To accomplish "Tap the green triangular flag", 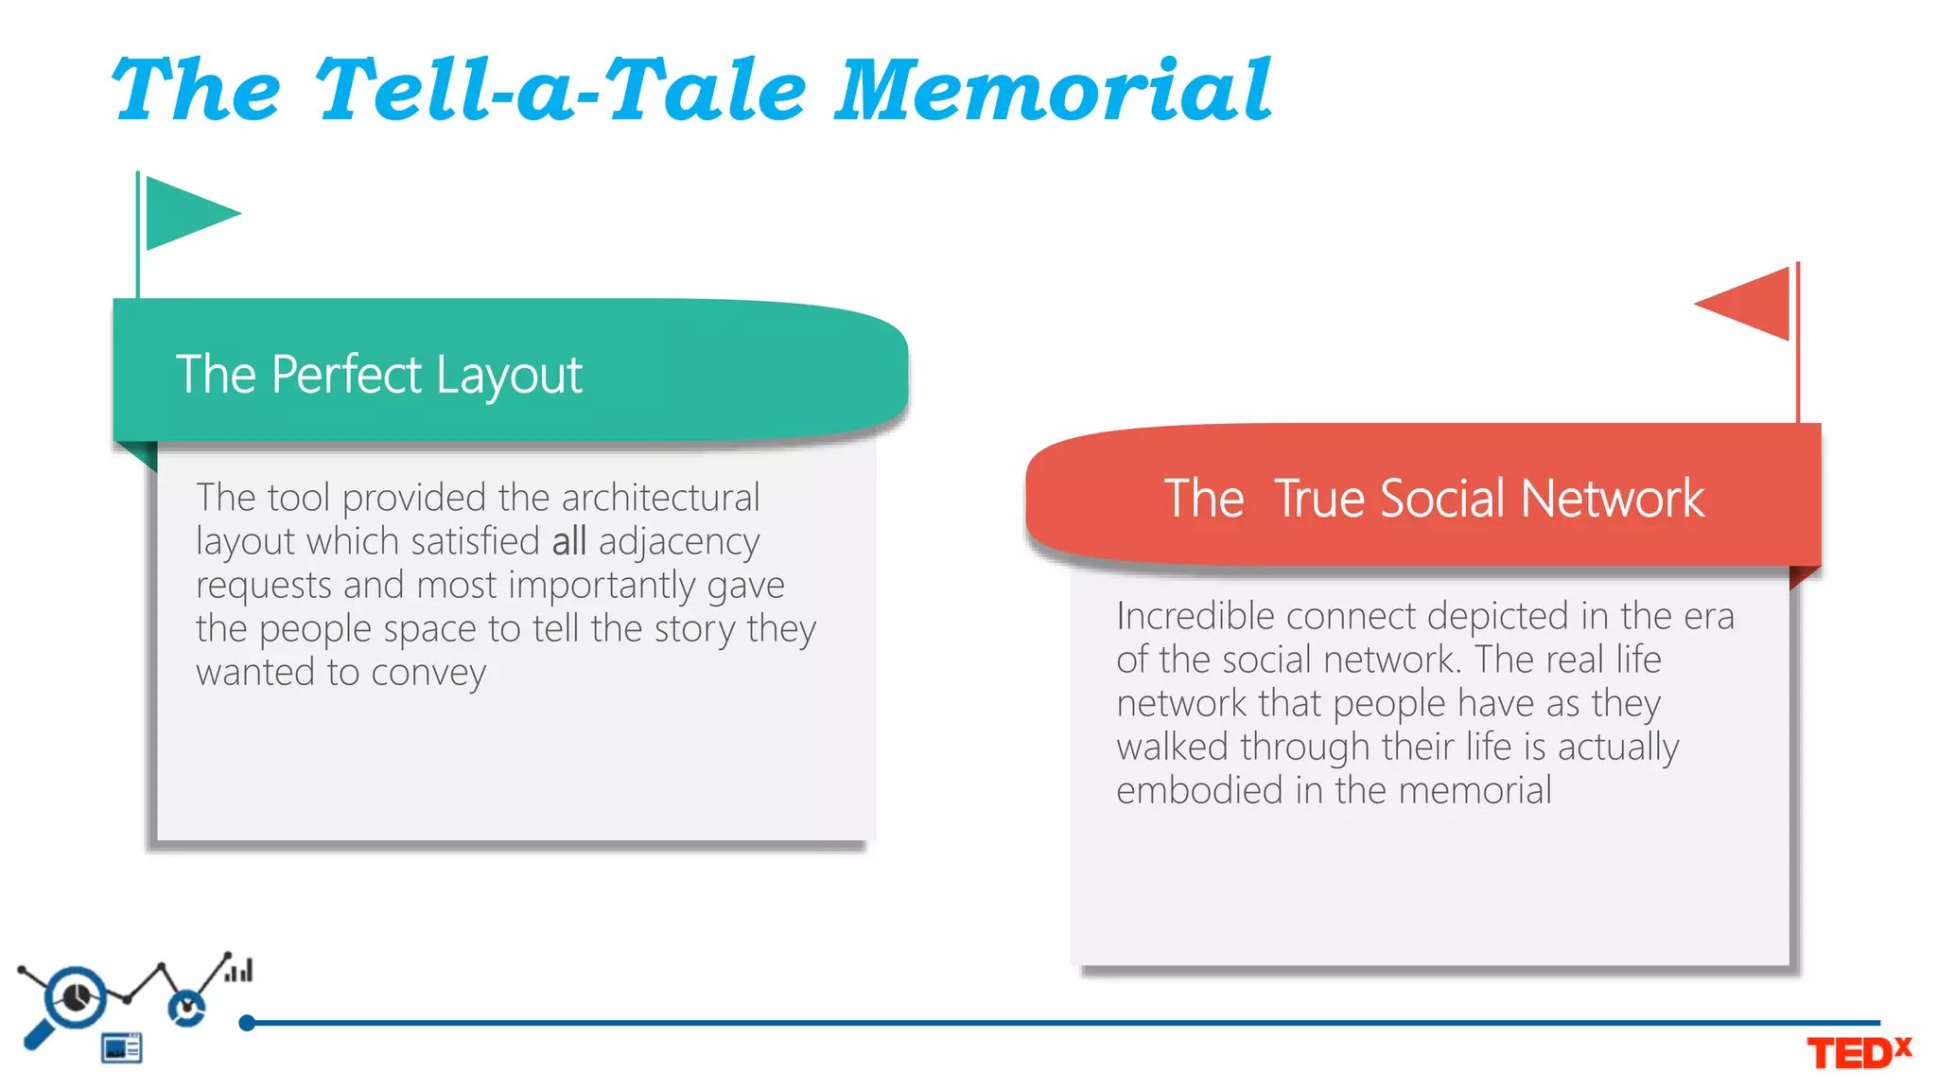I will click(x=188, y=213).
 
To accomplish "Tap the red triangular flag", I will click(x=1750, y=304).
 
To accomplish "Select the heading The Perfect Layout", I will click(x=378, y=375).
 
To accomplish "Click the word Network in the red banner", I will click(x=1613, y=499).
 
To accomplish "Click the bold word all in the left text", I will click(x=569, y=541).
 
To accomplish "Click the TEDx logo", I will click(x=1858, y=1052).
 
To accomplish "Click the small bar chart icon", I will click(x=239, y=971).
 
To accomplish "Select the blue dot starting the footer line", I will click(x=247, y=1023).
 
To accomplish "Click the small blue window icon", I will click(x=122, y=1047).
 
